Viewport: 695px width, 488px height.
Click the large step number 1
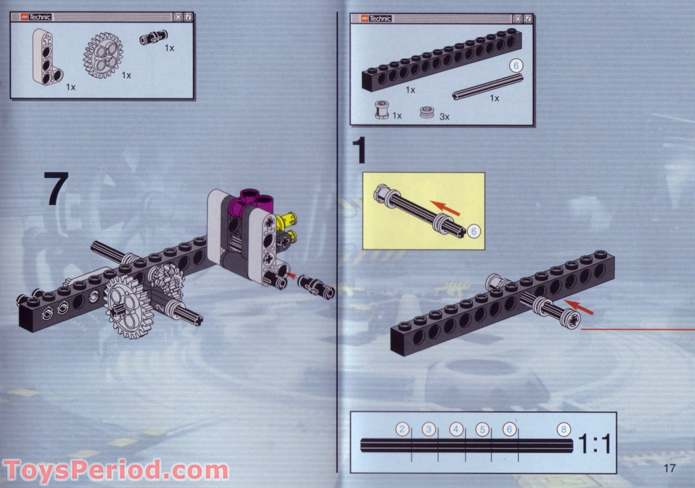pos(360,150)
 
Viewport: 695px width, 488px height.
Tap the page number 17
pos(670,468)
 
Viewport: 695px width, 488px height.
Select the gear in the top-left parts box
pos(103,55)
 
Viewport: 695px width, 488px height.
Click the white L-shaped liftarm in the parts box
pos(46,56)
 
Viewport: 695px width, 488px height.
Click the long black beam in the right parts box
pos(441,60)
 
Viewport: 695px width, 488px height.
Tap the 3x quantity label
pos(444,117)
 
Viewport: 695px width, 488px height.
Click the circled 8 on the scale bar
pos(563,430)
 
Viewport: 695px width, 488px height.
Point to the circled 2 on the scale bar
pos(402,430)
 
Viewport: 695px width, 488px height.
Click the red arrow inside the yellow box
pos(445,208)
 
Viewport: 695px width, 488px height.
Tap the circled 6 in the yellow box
pos(474,230)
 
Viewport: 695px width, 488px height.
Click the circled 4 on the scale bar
pos(456,430)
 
